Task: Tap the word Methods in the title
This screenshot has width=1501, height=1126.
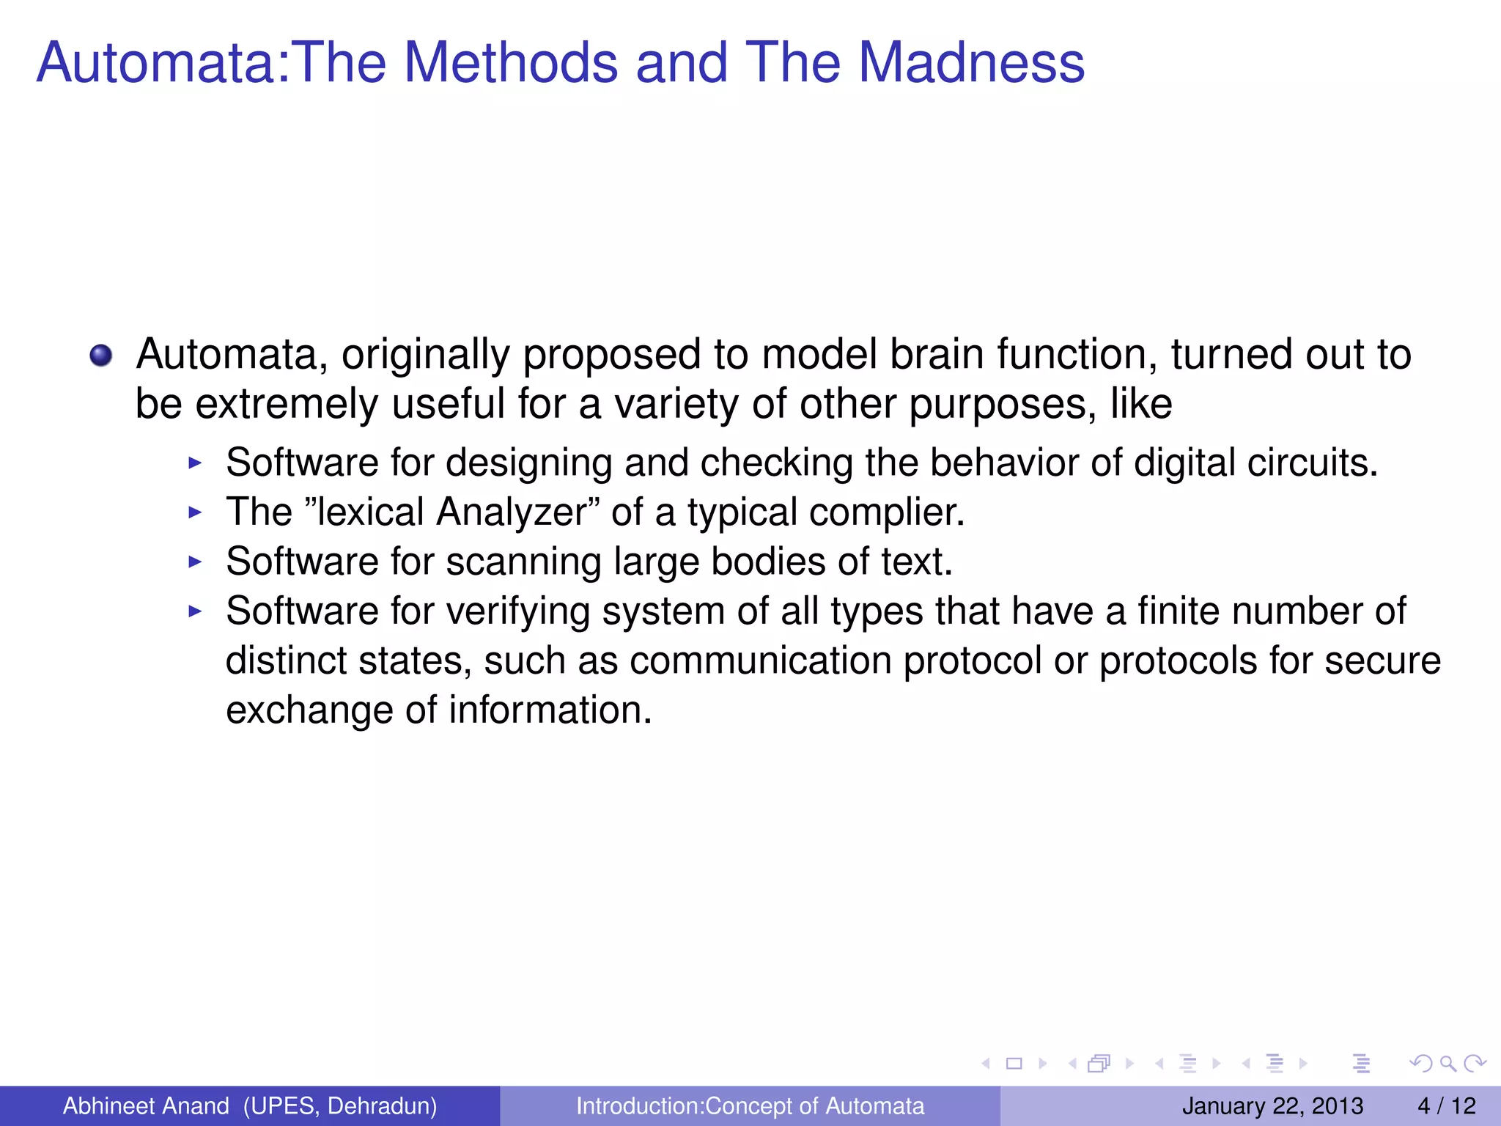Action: (x=510, y=62)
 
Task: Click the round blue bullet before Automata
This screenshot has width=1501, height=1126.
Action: (x=101, y=356)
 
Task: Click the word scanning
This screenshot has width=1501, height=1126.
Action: (x=523, y=562)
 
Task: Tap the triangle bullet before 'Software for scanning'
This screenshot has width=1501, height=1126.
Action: (x=195, y=562)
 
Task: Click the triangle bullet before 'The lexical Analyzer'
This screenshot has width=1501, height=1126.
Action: (x=195, y=512)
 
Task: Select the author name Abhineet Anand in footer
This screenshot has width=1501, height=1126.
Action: (x=146, y=1105)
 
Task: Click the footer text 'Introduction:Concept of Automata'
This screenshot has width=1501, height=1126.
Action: (x=750, y=1105)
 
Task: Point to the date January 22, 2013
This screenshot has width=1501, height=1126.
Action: (x=1272, y=1105)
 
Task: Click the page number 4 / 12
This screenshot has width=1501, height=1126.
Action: (x=1446, y=1105)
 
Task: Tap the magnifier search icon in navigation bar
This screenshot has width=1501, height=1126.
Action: (x=1447, y=1064)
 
